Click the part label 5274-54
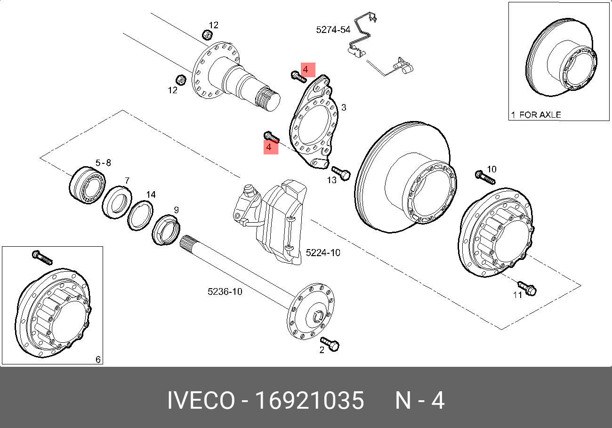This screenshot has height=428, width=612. coord(333,30)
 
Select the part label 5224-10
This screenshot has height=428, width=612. coord(322,253)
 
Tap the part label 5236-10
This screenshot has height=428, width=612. coord(225,292)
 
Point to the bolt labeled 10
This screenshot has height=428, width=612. coord(485,178)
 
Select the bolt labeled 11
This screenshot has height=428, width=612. coord(527,289)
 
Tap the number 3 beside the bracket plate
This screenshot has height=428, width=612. coord(344,108)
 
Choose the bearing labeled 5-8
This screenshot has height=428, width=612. coord(87,186)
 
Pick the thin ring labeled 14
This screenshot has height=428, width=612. coord(141,215)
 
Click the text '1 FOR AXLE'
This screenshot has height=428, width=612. coord(536,114)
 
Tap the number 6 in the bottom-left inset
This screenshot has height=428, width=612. coord(98,360)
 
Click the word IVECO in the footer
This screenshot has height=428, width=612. coord(201,401)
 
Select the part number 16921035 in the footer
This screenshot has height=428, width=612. coord(309,401)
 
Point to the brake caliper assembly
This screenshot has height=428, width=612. coord(273,221)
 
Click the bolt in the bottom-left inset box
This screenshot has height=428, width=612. coord(42,258)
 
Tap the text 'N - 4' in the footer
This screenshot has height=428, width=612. coord(419,401)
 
